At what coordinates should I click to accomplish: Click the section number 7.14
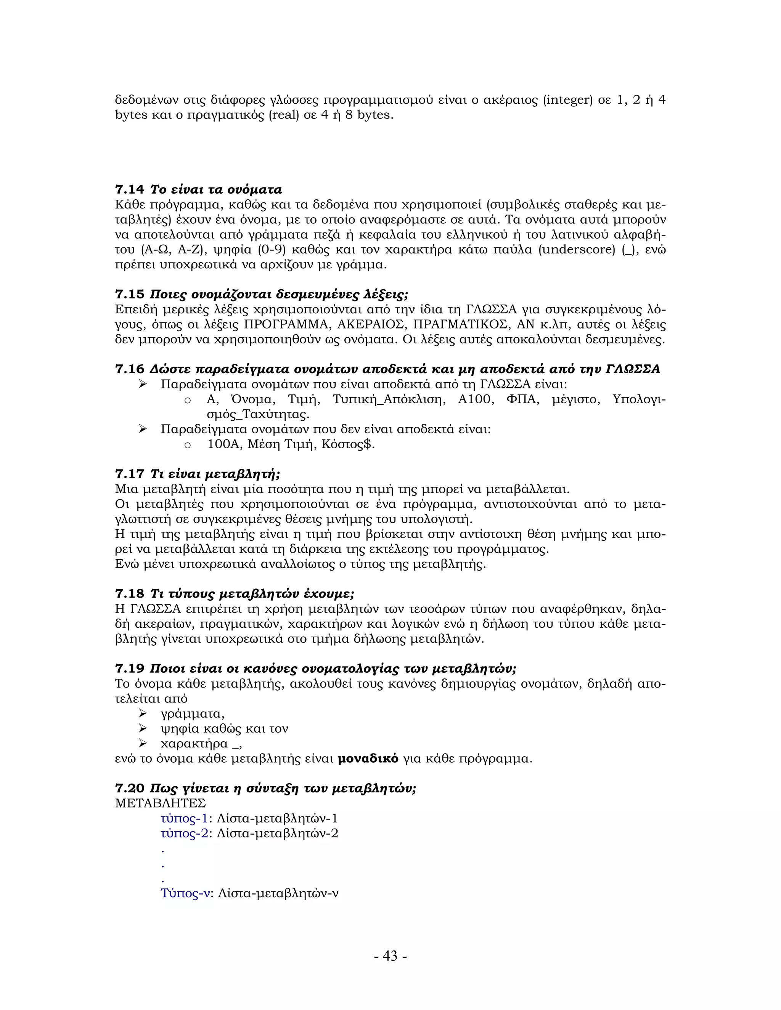point(130,189)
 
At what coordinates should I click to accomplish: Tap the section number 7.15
point(130,295)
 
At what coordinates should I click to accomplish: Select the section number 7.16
point(130,369)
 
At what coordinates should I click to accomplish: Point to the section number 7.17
point(130,474)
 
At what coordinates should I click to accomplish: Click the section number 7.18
point(130,594)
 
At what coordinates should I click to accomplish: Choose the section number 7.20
point(130,789)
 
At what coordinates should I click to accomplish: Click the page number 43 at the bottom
point(390,956)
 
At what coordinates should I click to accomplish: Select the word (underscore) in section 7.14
point(577,250)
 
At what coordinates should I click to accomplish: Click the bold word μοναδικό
point(368,759)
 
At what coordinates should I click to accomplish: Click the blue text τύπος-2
point(184,833)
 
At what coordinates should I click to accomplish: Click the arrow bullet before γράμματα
point(143,714)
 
